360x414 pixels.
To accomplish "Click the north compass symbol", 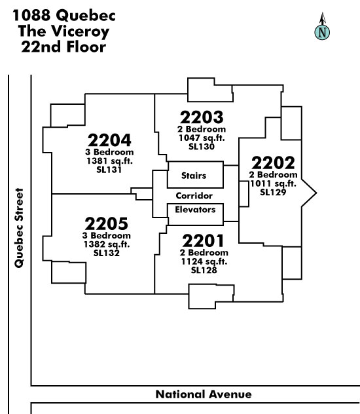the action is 322,26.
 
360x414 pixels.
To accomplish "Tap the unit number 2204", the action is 109,140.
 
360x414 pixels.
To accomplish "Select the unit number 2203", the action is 202,117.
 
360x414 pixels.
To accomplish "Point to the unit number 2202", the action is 273,163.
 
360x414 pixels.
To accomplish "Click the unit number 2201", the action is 203,241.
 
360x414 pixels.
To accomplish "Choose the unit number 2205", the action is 107,224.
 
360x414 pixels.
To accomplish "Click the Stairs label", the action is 194,176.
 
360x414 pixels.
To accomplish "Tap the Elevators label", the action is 195,210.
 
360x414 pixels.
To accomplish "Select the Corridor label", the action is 194,196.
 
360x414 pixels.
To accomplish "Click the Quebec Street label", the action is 19,228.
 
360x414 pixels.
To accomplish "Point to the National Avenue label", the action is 204,394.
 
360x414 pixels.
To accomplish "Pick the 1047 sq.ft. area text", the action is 202,138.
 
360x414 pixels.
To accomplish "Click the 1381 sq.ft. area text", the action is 109,160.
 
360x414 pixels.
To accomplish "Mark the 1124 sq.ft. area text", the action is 204,261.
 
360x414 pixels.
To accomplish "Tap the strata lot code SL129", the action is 273,192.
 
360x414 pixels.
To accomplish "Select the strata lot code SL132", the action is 107,253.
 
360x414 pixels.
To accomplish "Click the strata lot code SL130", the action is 202,147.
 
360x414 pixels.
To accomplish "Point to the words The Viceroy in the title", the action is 63,31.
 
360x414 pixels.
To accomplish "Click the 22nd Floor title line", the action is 63,47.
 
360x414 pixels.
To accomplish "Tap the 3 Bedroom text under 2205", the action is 107,235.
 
